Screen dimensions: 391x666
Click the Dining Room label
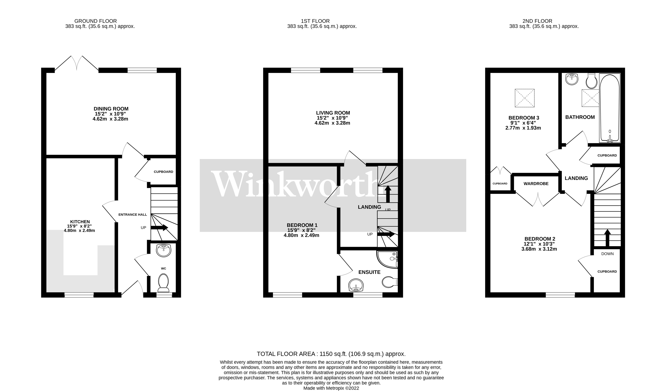coord(111,109)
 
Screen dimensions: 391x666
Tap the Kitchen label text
coord(80,222)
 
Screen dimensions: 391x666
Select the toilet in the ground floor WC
coord(163,282)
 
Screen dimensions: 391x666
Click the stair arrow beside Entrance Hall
coord(160,227)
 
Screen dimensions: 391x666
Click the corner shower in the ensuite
coord(387,259)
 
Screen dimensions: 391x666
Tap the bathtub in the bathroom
coord(609,108)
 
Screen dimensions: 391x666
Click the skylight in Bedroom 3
coord(525,98)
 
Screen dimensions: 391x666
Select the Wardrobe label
coord(536,184)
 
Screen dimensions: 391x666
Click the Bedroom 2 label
coord(539,239)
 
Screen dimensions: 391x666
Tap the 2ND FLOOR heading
coord(537,21)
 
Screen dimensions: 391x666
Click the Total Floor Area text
coord(331,354)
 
